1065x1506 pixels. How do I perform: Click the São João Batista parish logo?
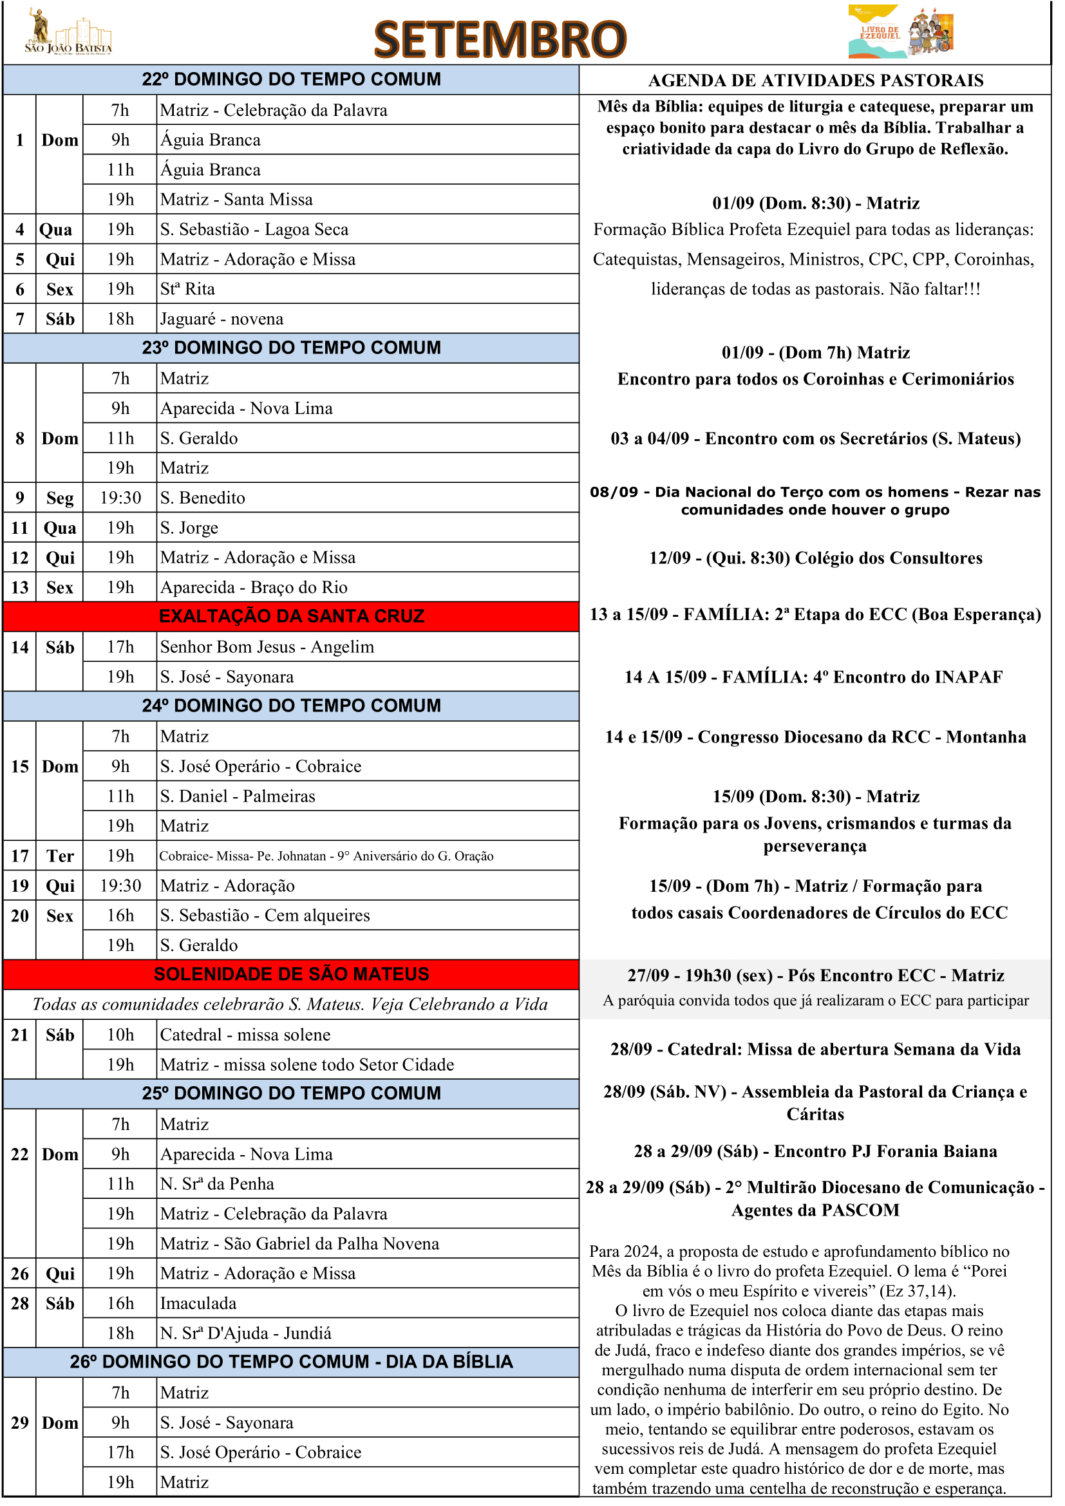pyautogui.click(x=69, y=33)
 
